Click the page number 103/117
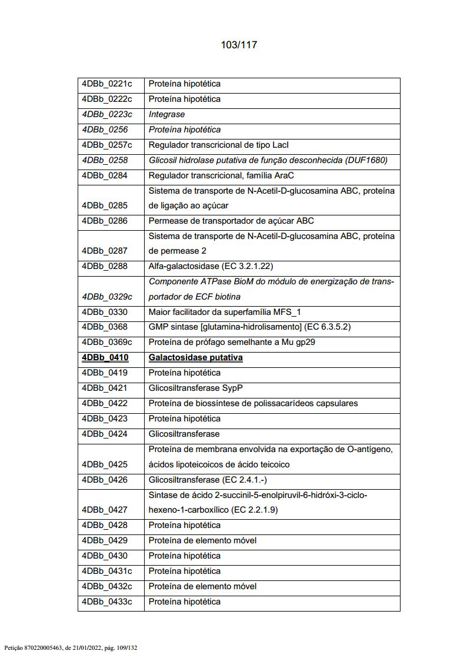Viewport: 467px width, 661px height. [x=239, y=45]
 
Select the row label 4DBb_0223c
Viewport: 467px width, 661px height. [x=107, y=114]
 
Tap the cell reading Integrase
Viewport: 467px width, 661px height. [x=166, y=114]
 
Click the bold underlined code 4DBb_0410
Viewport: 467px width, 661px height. [x=105, y=357]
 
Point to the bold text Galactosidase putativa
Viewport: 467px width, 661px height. [x=195, y=357]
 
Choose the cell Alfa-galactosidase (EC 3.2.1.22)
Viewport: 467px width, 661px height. [x=211, y=266]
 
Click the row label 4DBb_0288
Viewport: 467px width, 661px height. [x=105, y=266]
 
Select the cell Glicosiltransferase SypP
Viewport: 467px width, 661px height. [x=195, y=388]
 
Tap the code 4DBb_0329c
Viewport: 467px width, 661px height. [x=107, y=297]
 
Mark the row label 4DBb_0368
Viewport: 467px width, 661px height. [x=105, y=327]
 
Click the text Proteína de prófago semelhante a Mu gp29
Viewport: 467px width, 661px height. [x=232, y=342]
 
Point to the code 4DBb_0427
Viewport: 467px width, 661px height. [x=105, y=510]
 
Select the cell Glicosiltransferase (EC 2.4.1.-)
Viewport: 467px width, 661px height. [x=208, y=480]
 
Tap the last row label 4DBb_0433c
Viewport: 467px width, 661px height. [x=107, y=602]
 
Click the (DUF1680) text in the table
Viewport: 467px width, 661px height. [x=366, y=160]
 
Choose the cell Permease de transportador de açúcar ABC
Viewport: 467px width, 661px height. [x=231, y=221]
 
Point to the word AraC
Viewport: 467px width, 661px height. [x=283, y=175]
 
